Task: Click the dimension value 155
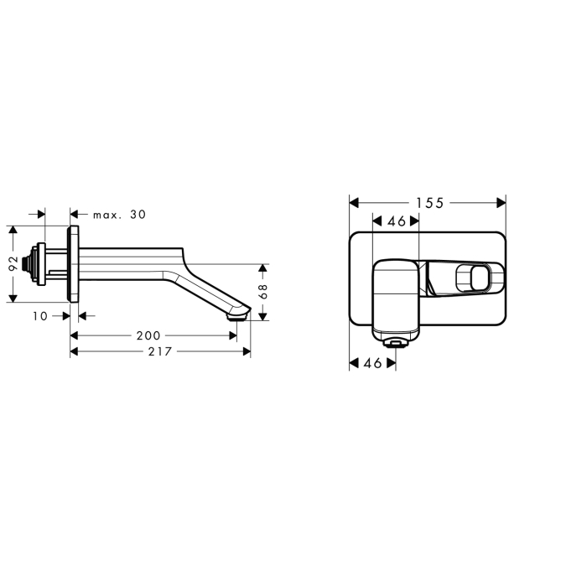429,203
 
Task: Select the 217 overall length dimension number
160,351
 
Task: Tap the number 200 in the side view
148,335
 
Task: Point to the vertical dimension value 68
263,291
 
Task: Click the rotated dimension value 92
13,263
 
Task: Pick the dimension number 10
40,316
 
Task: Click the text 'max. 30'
119,215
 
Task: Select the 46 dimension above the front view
397,221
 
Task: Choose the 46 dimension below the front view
373,363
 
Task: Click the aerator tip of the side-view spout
236,317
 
